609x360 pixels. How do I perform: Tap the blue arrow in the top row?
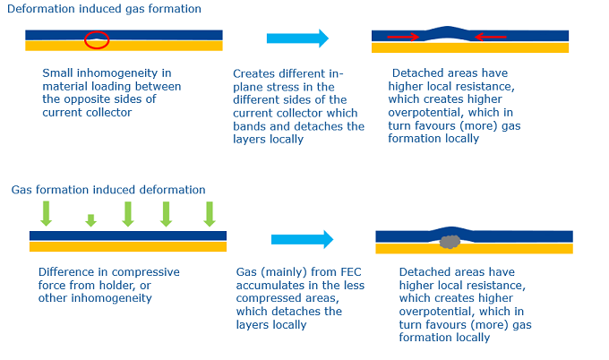[297, 38]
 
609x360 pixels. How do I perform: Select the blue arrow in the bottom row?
[302, 239]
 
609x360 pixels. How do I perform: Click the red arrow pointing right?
[403, 37]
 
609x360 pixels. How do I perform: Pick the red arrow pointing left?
[491, 37]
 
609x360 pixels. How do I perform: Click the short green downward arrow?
[90, 220]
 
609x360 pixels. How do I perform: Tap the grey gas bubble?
[450, 242]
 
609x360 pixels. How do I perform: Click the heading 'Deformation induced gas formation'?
[104, 9]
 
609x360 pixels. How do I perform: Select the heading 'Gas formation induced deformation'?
[108, 190]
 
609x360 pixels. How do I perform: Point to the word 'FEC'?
[351, 272]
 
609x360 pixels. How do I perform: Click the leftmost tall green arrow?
[47, 214]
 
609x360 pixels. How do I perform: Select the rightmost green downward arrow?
[210, 214]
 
